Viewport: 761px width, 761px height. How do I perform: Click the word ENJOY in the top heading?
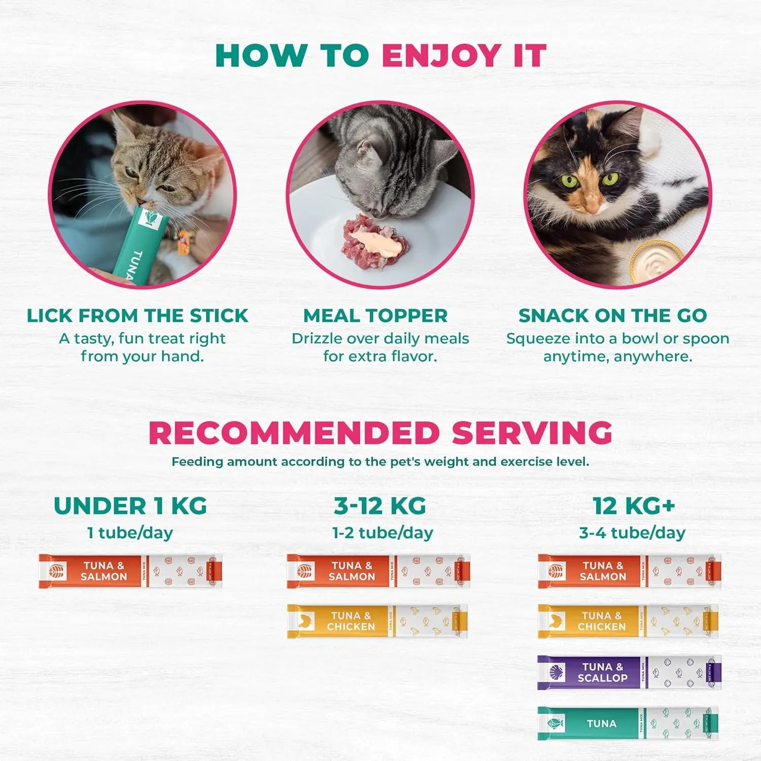tap(441, 55)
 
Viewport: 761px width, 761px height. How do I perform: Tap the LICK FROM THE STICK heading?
tap(137, 316)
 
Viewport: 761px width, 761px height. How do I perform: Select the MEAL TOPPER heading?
tap(375, 316)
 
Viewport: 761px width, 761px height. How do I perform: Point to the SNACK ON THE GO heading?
tap(612, 316)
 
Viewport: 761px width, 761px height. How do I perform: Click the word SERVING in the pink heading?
tap(532, 433)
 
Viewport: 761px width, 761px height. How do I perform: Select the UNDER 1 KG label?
tap(130, 506)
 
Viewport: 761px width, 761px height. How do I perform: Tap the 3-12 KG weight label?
tap(380, 506)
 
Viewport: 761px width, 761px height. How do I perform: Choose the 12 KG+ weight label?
tap(634, 506)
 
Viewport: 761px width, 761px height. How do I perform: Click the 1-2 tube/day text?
tap(383, 533)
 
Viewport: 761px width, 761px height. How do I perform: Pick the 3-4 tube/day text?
tap(632, 533)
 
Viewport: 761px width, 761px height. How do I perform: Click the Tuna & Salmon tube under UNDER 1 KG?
tap(130, 571)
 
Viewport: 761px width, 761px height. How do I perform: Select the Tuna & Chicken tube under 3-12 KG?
tap(377, 621)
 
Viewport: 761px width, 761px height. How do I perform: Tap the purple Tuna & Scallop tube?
tap(629, 672)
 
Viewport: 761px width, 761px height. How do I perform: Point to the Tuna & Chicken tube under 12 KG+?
tap(628, 621)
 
